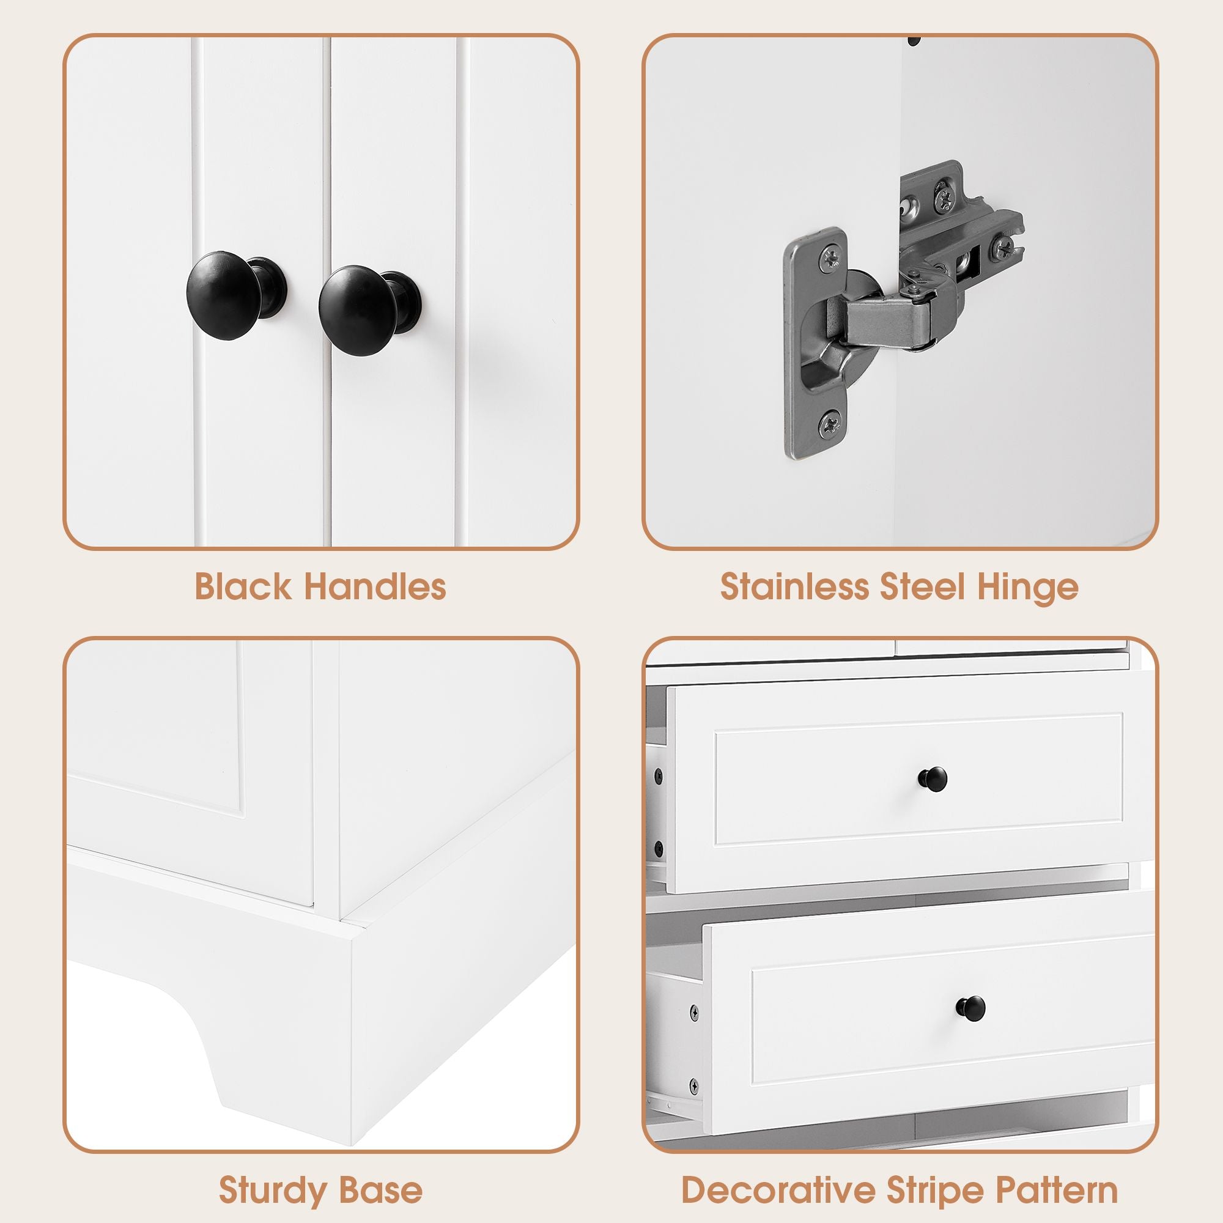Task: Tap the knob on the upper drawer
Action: pos(933,777)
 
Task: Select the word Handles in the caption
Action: pos(375,587)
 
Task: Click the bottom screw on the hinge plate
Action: pos(830,423)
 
